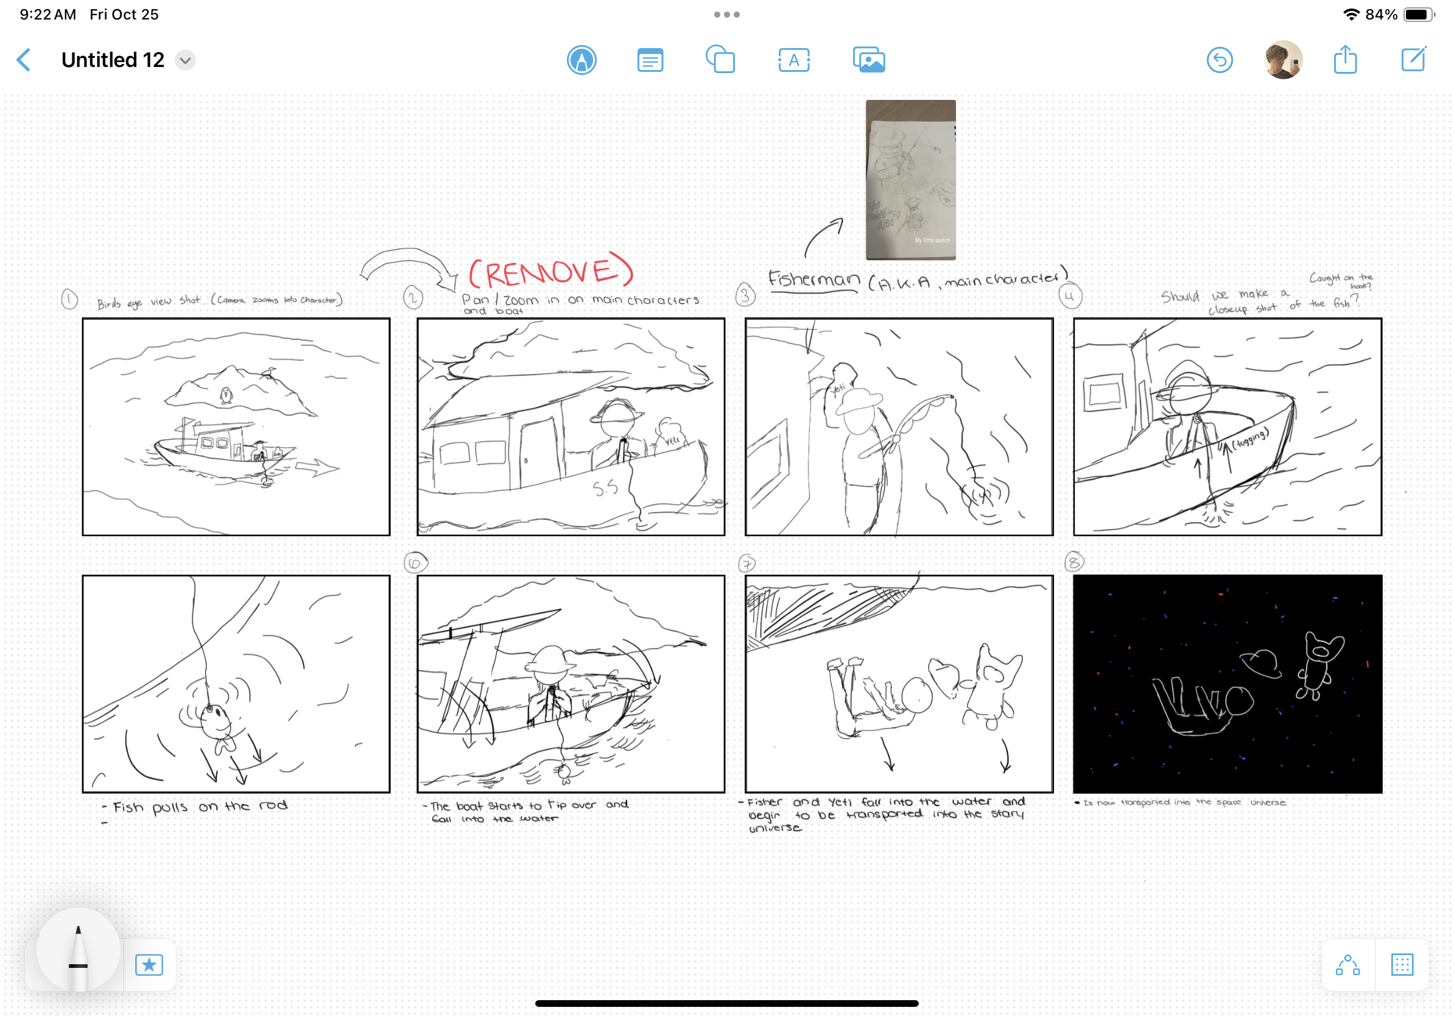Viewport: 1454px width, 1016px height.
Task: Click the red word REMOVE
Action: tap(550, 272)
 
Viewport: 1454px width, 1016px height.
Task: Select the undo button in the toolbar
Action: tap(1219, 60)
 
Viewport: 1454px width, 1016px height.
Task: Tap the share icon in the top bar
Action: tap(1345, 60)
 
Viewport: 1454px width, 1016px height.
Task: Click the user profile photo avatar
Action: tap(1283, 60)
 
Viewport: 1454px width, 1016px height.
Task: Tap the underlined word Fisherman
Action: tap(813, 280)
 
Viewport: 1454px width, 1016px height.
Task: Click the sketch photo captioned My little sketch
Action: tap(911, 180)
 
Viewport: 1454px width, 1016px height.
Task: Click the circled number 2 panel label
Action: tap(413, 297)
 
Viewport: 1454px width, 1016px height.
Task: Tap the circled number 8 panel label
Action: tap(1074, 562)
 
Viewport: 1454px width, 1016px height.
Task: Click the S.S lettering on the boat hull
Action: tap(605, 488)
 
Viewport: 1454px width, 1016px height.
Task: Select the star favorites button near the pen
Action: tap(149, 965)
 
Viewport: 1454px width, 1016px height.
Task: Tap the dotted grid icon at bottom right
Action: tap(1402, 965)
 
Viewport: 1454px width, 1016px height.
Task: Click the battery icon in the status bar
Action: tap(1417, 15)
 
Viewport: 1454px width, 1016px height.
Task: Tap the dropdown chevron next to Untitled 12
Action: tap(185, 60)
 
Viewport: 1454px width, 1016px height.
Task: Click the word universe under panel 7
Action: tap(775, 828)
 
